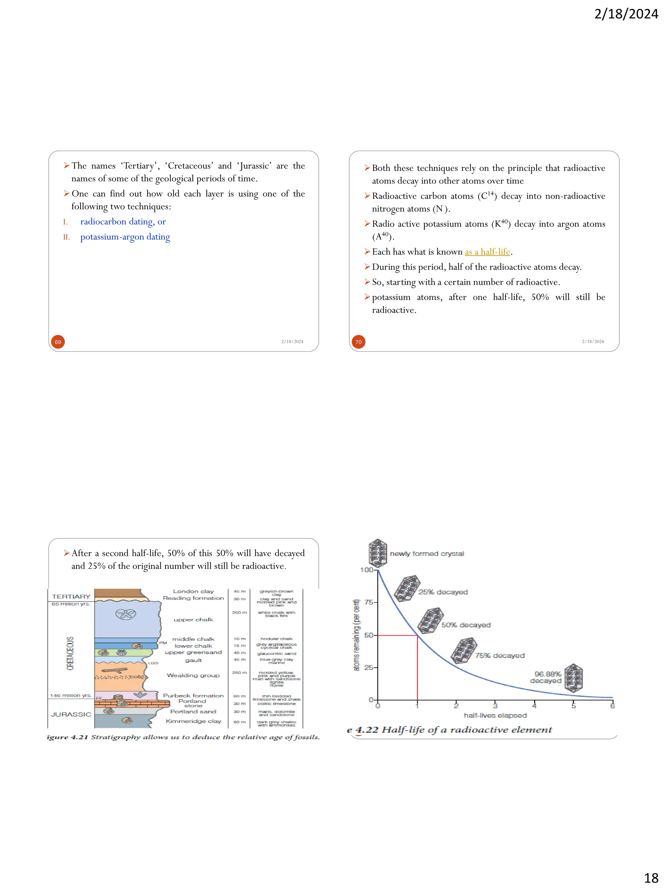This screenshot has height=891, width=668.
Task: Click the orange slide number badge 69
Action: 58,342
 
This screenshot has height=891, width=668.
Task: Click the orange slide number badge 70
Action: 358,342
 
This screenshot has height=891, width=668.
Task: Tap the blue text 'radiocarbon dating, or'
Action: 123,222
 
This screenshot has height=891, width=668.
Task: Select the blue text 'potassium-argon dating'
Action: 125,237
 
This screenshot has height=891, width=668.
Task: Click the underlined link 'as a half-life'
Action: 487,252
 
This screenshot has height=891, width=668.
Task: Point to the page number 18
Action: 651,878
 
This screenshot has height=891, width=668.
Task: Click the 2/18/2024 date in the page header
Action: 626,14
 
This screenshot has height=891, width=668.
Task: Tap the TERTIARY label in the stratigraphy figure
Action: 71,596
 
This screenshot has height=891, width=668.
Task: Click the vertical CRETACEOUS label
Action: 70,653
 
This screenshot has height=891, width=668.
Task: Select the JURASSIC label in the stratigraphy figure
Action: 71,714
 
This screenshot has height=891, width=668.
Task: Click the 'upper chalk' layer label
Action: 193,620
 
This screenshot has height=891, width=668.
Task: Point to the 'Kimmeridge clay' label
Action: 193,721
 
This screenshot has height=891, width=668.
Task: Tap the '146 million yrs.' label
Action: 71,695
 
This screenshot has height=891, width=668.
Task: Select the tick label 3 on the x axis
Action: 495,705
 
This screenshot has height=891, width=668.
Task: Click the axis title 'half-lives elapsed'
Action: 495,715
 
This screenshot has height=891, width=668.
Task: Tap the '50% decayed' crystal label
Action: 466,625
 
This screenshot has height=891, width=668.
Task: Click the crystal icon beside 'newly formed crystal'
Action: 378,553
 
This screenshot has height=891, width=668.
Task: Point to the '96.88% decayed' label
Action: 546,677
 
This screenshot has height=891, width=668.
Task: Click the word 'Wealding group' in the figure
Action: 193,675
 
